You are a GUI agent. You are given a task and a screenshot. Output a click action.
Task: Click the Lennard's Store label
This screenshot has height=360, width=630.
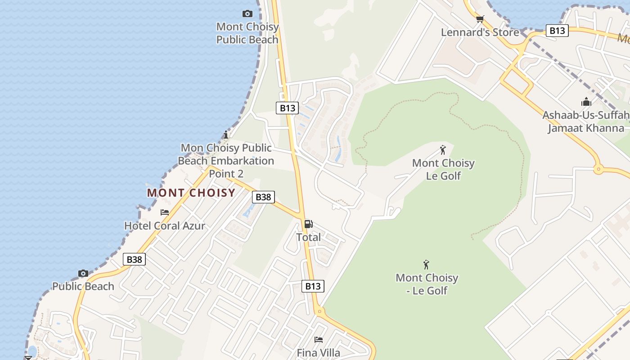tap(480, 32)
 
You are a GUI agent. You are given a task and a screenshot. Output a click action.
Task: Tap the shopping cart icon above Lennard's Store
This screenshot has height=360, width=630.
tap(480, 19)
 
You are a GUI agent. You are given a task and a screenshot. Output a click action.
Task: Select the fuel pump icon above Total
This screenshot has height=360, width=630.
tap(308, 224)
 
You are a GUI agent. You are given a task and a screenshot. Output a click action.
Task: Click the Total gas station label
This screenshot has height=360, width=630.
tap(308, 237)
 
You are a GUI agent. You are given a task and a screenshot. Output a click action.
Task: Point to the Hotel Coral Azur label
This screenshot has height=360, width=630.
tap(165, 225)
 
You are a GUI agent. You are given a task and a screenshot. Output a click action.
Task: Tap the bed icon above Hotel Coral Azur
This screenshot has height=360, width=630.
tap(165, 212)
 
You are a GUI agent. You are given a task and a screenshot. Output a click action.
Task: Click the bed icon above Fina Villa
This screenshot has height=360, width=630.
tap(319, 339)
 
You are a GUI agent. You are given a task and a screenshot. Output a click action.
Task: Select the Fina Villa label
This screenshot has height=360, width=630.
tap(319, 353)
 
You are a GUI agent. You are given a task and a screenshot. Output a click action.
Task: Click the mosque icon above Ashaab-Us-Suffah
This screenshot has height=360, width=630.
tap(586, 102)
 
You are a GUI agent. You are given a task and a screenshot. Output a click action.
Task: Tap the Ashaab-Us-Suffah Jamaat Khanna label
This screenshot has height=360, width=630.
tap(586, 121)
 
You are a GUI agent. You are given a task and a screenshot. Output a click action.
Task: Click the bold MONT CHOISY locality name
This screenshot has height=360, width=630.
tap(191, 193)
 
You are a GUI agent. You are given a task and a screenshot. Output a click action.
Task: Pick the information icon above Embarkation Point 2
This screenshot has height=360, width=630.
tap(226, 135)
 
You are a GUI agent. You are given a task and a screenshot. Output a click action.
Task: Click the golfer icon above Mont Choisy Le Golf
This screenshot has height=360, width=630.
tap(443, 150)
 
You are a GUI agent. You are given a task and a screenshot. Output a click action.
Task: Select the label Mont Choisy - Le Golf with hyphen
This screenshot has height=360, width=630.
tap(427, 284)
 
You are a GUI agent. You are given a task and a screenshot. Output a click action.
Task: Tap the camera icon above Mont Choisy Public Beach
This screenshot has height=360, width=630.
tap(247, 13)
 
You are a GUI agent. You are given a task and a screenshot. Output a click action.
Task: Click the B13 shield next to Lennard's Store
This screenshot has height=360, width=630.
tap(557, 31)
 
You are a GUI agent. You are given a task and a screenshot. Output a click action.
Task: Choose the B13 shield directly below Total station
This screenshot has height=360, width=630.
tap(313, 286)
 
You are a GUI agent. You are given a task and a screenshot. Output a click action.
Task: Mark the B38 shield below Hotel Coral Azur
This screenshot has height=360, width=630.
tap(134, 259)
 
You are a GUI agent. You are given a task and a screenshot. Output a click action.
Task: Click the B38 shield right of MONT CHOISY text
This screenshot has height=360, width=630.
tap(263, 197)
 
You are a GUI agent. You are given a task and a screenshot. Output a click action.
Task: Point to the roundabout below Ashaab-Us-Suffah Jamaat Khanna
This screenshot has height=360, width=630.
tap(598, 170)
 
